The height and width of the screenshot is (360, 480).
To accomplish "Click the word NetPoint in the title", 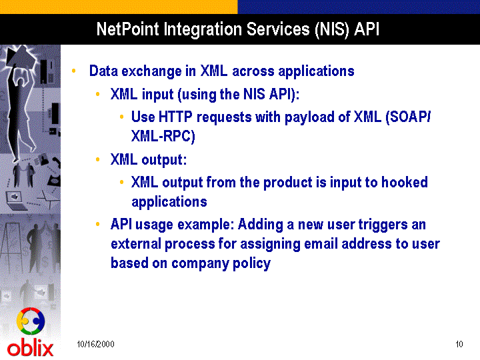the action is pyautogui.click(x=127, y=29).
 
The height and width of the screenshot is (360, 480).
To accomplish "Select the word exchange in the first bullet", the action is pyautogui.click(x=151, y=71).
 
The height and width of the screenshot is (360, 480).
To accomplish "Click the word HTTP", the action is pyautogui.click(x=175, y=117).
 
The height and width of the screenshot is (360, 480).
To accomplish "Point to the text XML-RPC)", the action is pyautogui.click(x=163, y=136).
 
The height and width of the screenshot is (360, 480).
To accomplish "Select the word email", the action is pyautogui.click(x=321, y=244).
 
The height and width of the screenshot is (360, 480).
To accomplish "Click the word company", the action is pyautogui.click(x=199, y=264).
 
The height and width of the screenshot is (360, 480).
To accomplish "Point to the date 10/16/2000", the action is pyautogui.click(x=95, y=345).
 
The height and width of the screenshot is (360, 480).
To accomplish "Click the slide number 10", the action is pyautogui.click(x=459, y=345).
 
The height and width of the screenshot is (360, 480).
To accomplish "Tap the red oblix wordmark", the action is pyautogui.click(x=30, y=349).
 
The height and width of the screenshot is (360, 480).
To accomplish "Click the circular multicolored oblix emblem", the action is pyautogui.click(x=31, y=321).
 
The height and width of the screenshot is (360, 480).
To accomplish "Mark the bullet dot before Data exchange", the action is pyautogui.click(x=74, y=71).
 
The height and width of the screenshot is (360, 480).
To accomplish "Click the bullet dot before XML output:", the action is pyautogui.click(x=97, y=159).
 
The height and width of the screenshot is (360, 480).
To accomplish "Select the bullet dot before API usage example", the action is pyautogui.click(x=97, y=225).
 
